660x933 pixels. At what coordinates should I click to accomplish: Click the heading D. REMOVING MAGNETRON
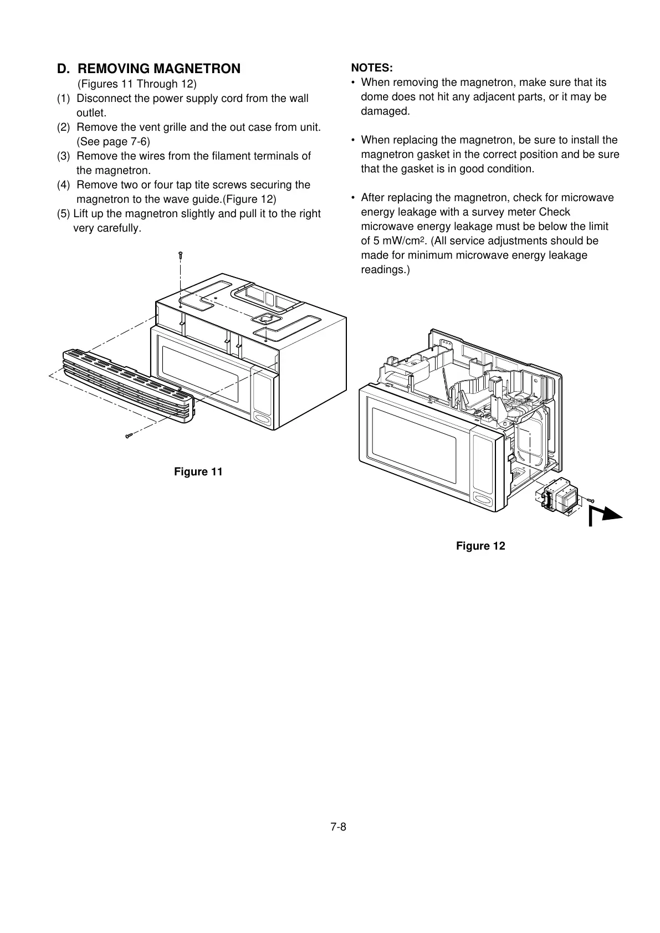point(149,69)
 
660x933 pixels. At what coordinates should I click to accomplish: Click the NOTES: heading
point(372,68)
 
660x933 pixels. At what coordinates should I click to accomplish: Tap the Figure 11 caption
point(198,471)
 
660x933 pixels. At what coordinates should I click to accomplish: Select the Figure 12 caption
point(480,546)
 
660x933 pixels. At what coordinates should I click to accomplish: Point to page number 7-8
point(338,827)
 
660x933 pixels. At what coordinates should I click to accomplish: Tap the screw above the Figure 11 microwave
point(180,255)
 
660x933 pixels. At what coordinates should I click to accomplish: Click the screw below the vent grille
point(129,436)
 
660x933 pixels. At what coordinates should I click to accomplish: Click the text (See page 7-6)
point(113,141)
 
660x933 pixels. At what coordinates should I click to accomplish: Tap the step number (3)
point(64,156)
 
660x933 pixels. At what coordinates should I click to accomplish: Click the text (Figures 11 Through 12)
point(137,84)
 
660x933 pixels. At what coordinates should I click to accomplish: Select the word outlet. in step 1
point(91,112)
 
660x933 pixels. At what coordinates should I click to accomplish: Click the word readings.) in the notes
point(385,270)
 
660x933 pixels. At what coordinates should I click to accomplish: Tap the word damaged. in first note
point(385,111)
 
